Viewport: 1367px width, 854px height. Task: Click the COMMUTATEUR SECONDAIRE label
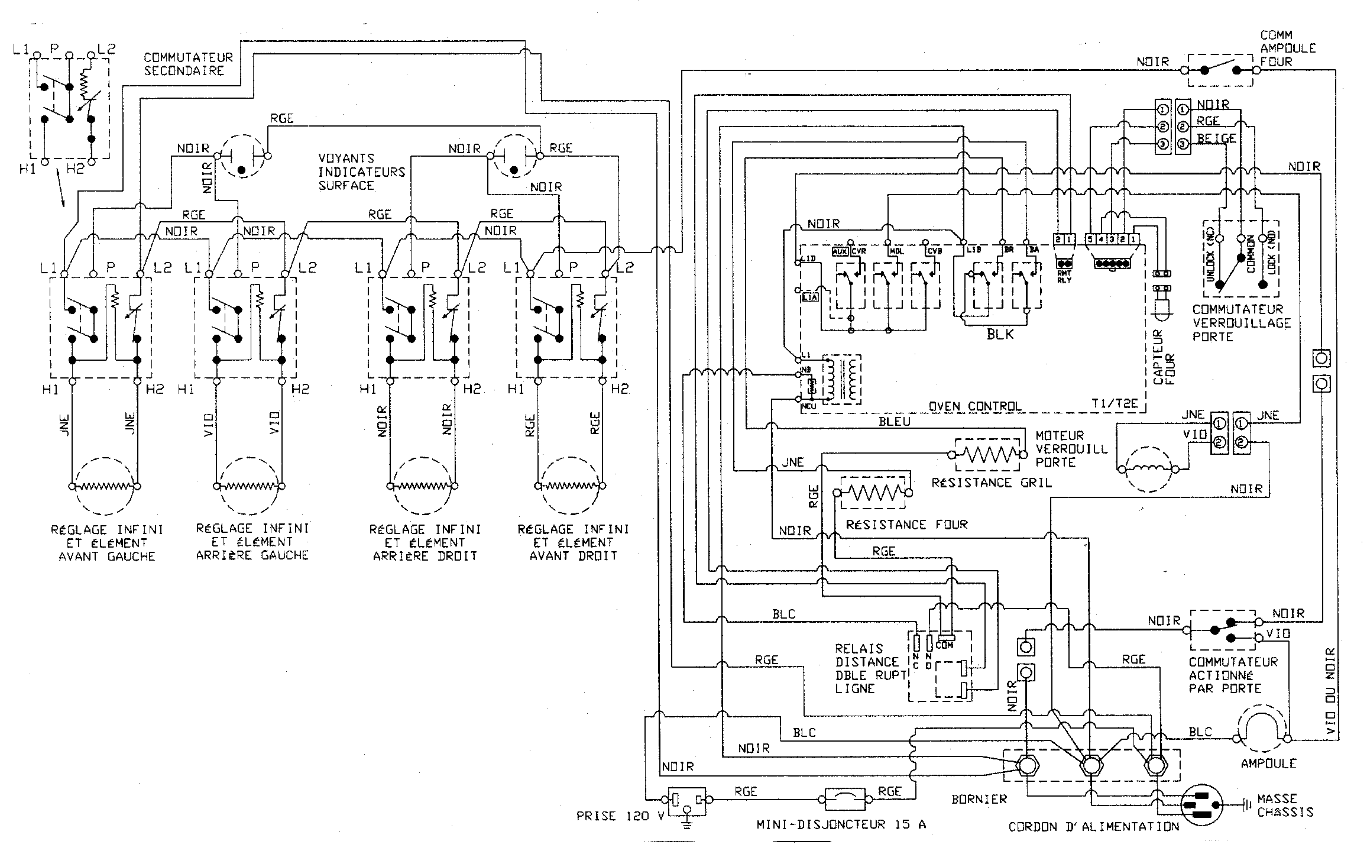tap(188, 64)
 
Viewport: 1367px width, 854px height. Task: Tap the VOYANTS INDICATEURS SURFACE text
tap(361, 172)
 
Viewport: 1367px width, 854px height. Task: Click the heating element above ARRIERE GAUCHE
tap(248, 486)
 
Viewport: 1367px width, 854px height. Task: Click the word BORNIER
tap(979, 799)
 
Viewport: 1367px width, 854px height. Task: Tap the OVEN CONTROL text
tap(975, 406)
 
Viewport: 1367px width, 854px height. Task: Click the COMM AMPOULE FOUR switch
tap(1220, 70)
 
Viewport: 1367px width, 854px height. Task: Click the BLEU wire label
tap(894, 421)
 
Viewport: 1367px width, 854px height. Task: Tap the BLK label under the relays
tap(1000, 334)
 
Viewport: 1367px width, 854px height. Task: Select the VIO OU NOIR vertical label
tap(1330, 692)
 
